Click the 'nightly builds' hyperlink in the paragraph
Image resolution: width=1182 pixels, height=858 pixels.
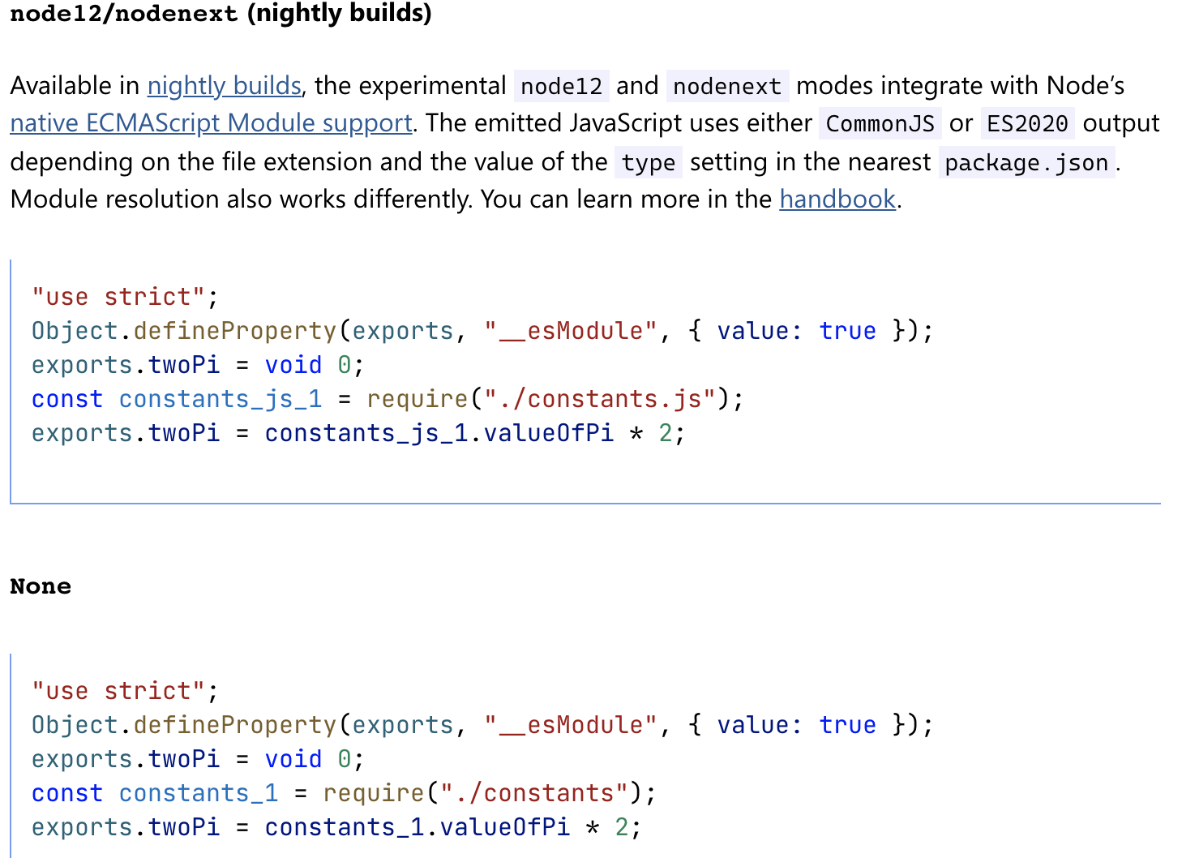pyautogui.click(x=224, y=86)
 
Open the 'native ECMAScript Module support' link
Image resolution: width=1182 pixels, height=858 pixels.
pyautogui.click(x=211, y=123)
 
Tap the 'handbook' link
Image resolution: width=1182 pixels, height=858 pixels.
pyautogui.click(x=837, y=199)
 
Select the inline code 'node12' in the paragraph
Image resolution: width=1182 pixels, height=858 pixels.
pyautogui.click(x=561, y=86)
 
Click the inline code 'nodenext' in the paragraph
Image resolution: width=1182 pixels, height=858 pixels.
pyautogui.click(x=727, y=86)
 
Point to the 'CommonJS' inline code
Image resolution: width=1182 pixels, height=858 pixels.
pyautogui.click(x=880, y=123)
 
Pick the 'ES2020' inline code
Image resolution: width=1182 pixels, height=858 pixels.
pyautogui.click(x=1027, y=123)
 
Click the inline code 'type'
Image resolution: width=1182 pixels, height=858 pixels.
pyautogui.click(x=648, y=162)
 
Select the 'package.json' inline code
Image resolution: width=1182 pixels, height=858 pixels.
pyautogui.click(x=1026, y=162)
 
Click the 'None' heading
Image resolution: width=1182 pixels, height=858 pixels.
pyautogui.click(x=41, y=586)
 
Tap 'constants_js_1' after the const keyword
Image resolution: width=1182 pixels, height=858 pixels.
pyautogui.click(x=221, y=399)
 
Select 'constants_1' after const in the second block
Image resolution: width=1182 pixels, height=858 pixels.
pyautogui.click(x=199, y=793)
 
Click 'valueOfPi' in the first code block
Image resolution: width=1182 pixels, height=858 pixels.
pyautogui.click(x=549, y=433)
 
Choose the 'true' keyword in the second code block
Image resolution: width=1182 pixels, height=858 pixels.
pyautogui.click(x=847, y=725)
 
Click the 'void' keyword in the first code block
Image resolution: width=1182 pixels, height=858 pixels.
pyautogui.click(x=293, y=365)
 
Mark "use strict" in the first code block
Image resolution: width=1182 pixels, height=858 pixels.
pyautogui.click(x=118, y=297)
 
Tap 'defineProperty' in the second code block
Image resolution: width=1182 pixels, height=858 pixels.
pyautogui.click(x=235, y=725)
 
